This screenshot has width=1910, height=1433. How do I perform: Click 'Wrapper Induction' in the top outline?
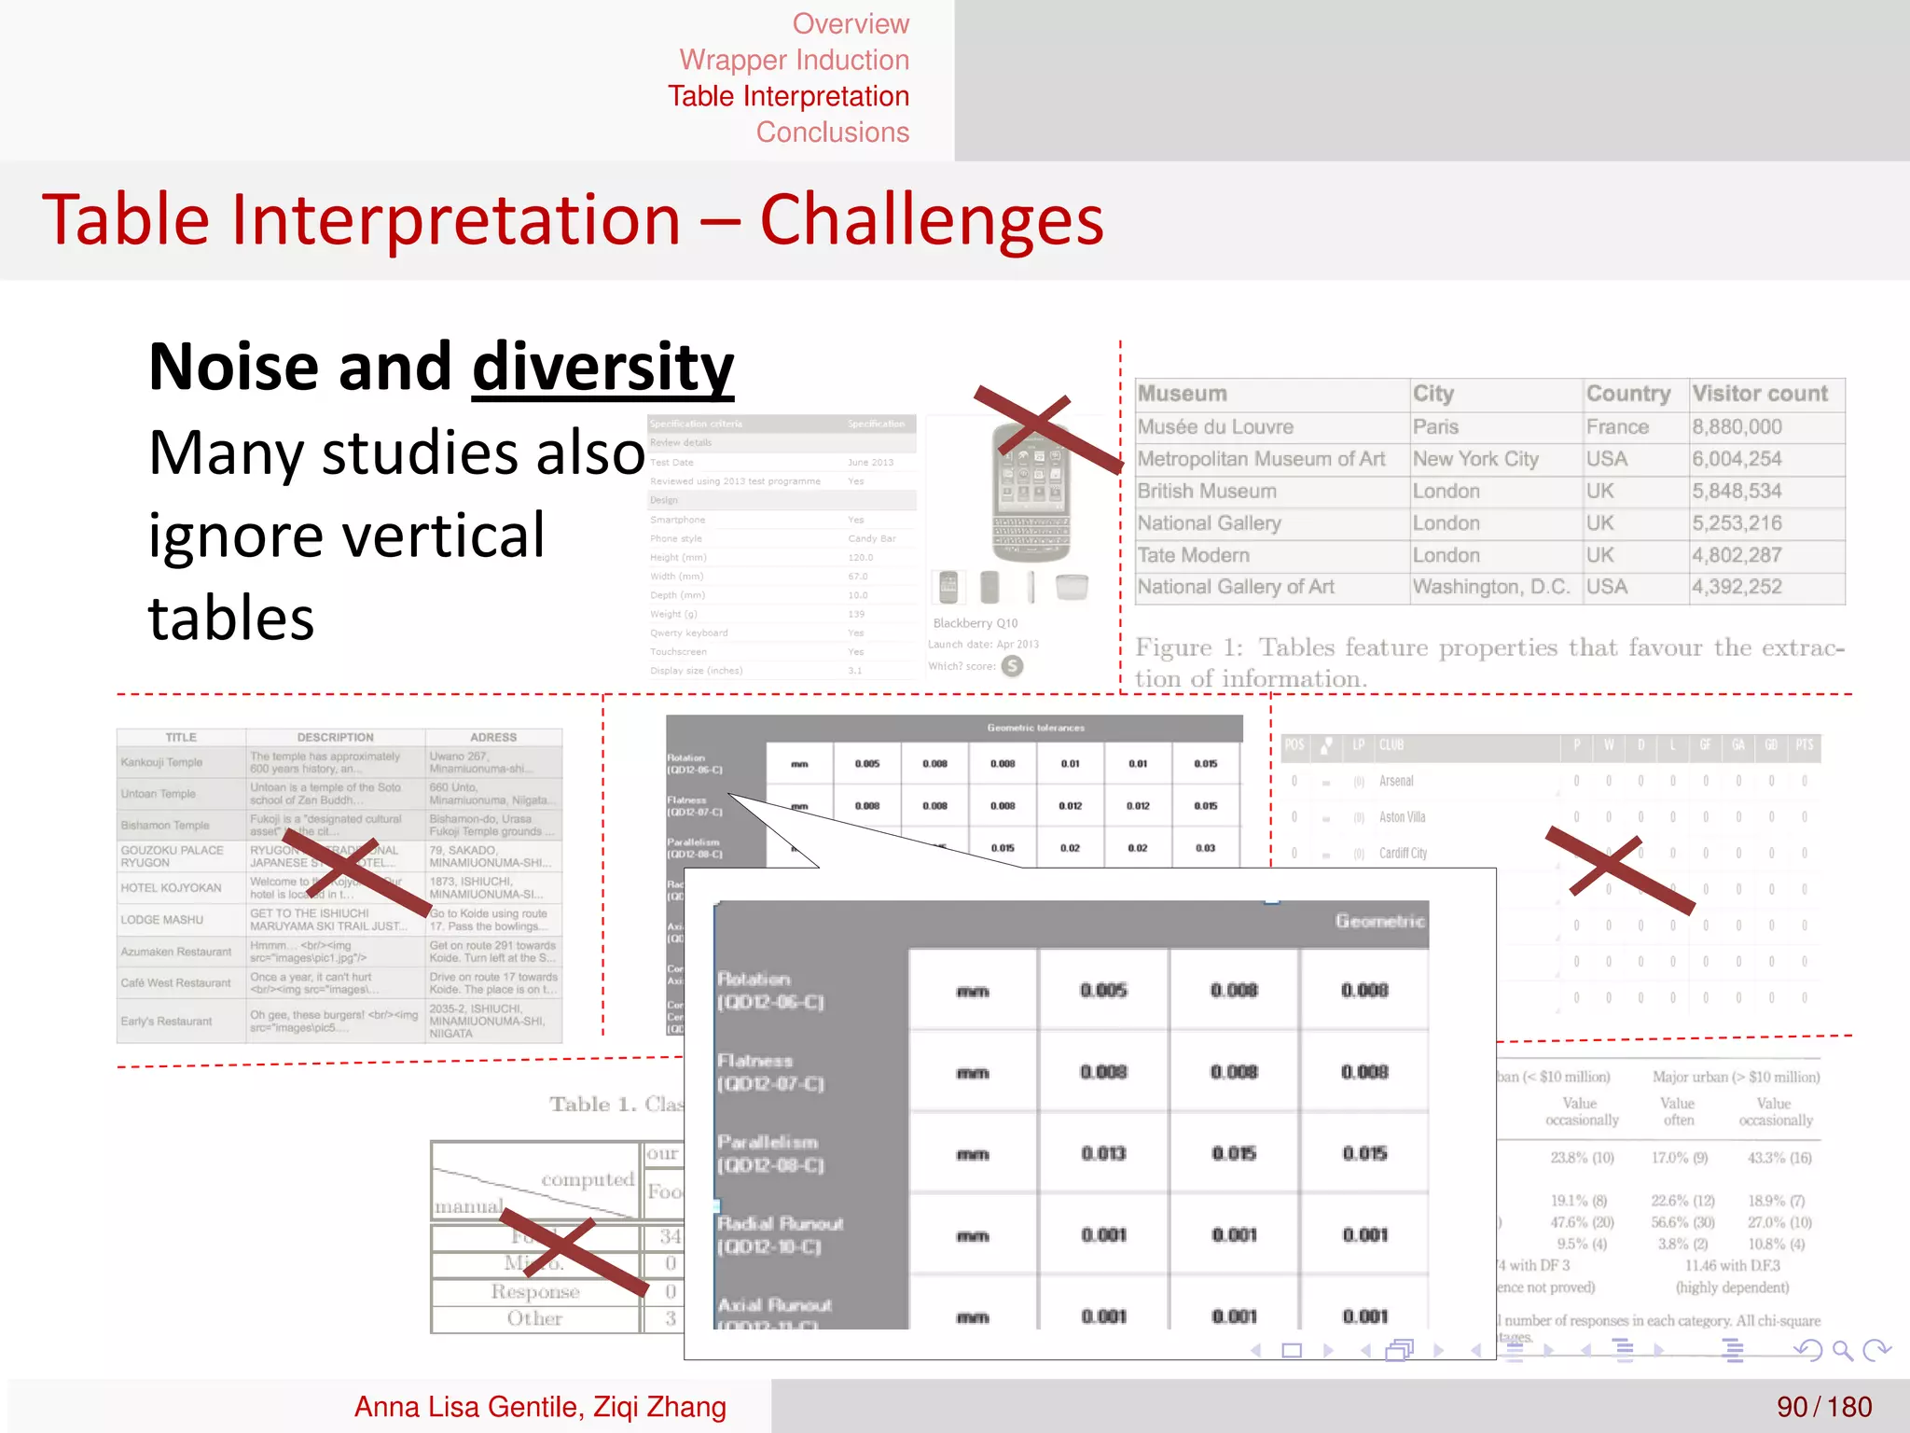click(x=794, y=60)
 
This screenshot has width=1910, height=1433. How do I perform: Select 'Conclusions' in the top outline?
click(x=832, y=132)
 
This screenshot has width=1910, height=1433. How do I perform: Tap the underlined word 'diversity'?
click(x=602, y=368)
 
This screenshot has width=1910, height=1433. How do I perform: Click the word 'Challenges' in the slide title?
click(x=931, y=220)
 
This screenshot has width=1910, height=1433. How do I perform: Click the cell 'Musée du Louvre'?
click(x=1214, y=427)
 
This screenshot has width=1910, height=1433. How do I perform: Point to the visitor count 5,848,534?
click(x=1737, y=491)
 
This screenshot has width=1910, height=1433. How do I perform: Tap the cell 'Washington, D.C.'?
click(x=1490, y=587)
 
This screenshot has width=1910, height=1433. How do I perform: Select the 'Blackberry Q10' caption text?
click(x=975, y=623)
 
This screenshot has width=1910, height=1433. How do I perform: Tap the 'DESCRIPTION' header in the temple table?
click(x=335, y=737)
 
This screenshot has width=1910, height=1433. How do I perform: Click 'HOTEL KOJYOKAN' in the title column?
click(x=171, y=888)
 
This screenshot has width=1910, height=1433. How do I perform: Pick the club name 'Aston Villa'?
click(x=1402, y=817)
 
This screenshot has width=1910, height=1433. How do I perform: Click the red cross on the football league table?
click(x=1618, y=870)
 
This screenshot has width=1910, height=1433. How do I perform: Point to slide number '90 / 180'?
click(x=1823, y=1407)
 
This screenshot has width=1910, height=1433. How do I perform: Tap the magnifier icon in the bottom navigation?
click(x=1842, y=1350)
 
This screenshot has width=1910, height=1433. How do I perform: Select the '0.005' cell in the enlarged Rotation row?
click(x=1103, y=990)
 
